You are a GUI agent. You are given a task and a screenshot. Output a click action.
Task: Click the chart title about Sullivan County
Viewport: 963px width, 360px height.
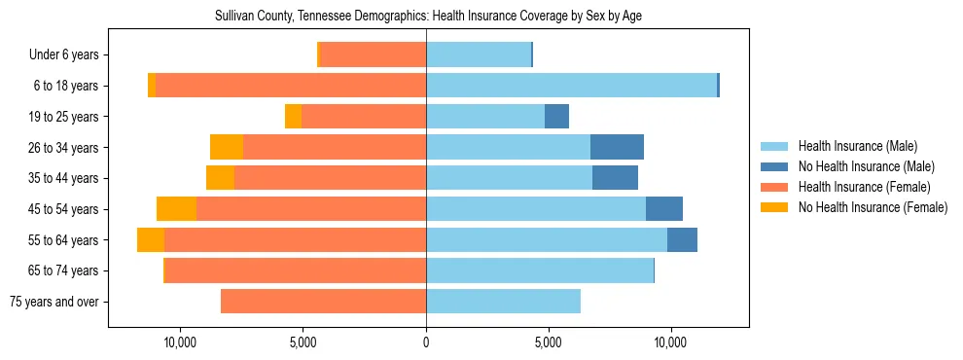(428, 17)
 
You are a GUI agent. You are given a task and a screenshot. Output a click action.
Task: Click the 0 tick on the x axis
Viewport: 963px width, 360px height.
(426, 342)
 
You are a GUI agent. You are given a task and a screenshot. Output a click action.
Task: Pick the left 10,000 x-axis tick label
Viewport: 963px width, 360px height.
(181, 342)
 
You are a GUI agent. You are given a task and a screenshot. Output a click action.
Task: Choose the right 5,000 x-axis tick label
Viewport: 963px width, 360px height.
(549, 342)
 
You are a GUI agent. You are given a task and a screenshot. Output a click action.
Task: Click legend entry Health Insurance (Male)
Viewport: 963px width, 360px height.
(857, 147)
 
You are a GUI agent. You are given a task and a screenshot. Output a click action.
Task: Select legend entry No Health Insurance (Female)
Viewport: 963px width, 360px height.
(873, 207)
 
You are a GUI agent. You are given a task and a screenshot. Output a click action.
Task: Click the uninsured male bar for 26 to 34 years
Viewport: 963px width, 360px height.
(617, 147)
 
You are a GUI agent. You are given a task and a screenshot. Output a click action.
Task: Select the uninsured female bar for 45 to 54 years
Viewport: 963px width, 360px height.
(176, 209)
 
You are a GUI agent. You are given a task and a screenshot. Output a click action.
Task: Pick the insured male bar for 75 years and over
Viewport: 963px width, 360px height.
(503, 302)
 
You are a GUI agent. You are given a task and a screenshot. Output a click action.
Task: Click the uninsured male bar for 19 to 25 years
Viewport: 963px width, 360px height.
(556, 117)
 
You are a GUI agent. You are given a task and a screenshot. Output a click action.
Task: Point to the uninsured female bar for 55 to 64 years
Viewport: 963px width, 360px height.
(151, 240)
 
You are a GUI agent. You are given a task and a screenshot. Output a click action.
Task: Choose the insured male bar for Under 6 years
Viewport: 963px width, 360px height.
(479, 55)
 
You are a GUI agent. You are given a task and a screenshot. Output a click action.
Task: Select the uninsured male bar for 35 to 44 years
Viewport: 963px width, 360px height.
(615, 178)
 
